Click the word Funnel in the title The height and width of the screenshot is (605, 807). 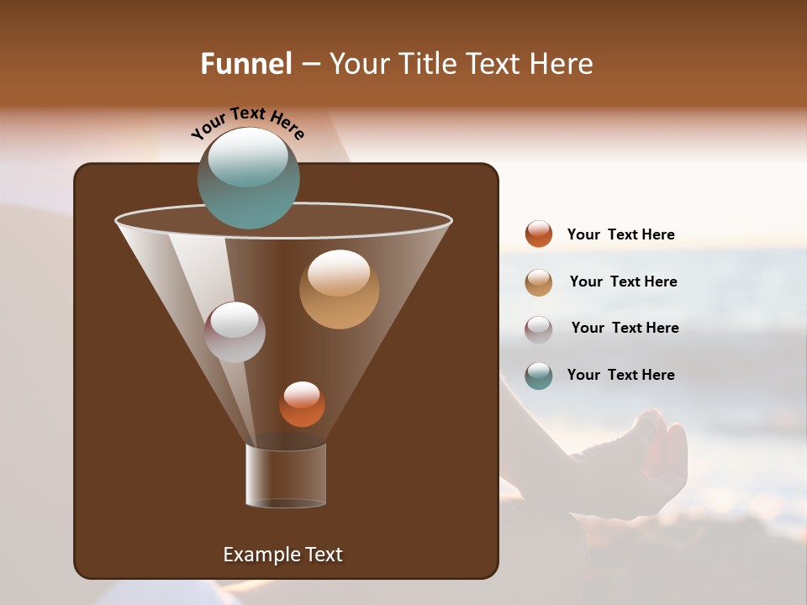tap(246, 64)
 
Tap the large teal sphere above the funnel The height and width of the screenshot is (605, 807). tap(248, 178)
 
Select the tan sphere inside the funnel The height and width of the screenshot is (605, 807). tap(339, 289)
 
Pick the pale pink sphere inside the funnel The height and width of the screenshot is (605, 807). tap(235, 332)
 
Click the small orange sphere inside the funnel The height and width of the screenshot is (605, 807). tap(302, 404)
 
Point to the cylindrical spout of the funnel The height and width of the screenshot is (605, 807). tap(286, 476)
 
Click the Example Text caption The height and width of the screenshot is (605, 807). tap(282, 555)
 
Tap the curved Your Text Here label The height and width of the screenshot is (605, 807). tap(247, 122)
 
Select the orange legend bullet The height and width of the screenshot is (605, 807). tap(539, 234)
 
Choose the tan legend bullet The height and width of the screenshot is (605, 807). tap(539, 282)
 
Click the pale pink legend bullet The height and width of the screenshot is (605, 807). tap(539, 329)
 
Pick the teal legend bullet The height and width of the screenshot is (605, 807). tap(539, 376)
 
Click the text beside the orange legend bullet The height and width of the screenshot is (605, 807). tap(620, 235)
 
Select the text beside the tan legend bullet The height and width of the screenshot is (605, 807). tap(623, 282)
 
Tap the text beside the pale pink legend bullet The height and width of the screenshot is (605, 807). tap(625, 329)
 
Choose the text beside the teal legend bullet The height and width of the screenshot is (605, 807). tap(620, 376)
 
